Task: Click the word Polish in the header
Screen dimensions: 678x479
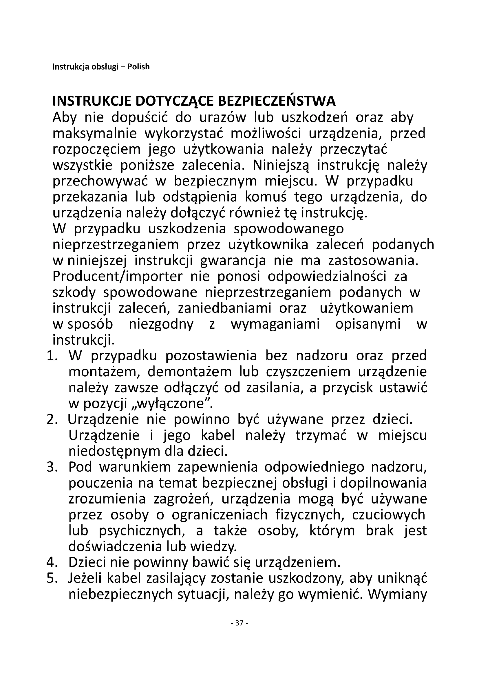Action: point(138,67)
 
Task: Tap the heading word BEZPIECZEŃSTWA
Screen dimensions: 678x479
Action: point(277,101)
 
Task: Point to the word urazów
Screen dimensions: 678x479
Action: point(222,118)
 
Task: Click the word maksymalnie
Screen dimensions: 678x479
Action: point(95,134)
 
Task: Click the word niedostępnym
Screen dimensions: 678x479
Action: point(114,452)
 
